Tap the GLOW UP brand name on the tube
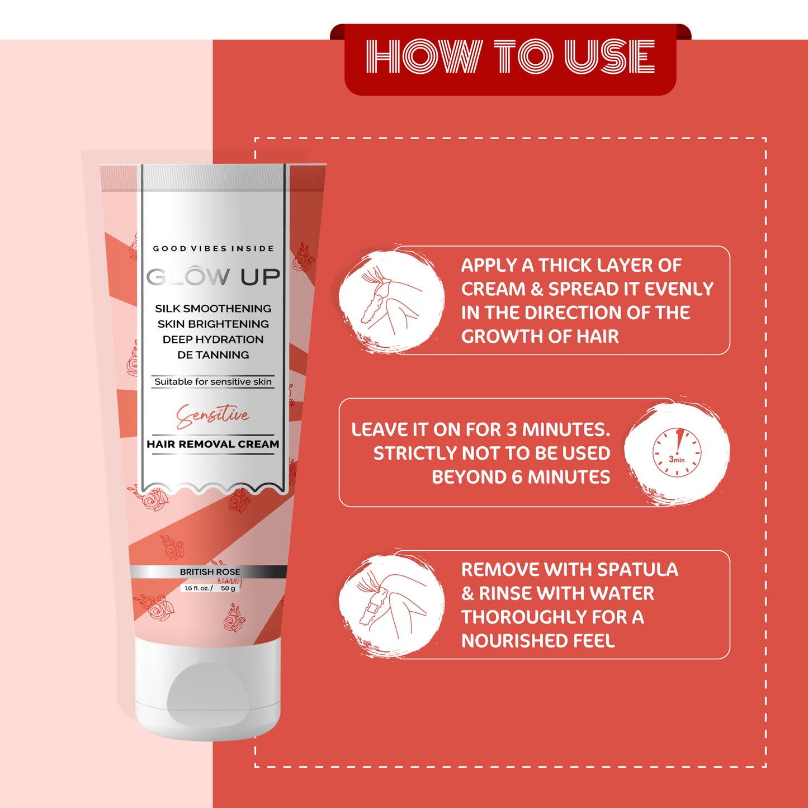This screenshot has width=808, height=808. tap(213, 277)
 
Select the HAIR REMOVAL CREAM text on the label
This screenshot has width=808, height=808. tap(213, 444)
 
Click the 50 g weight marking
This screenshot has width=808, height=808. tap(228, 588)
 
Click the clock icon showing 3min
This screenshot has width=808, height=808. tap(677, 452)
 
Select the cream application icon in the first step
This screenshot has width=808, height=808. tap(391, 301)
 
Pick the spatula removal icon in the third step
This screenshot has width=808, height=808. tap(391, 605)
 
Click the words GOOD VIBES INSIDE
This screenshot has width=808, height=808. tap(213, 249)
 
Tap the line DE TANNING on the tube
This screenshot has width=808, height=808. tap(213, 355)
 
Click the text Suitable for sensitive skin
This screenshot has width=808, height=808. tap(213, 381)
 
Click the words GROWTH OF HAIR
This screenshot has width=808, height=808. tap(540, 336)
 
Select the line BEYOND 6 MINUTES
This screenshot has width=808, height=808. tap(521, 477)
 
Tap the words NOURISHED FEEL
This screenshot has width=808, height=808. tap(538, 640)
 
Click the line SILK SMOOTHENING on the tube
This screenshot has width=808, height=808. tap(213, 308)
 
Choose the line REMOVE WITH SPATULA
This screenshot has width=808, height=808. tap(569, 569)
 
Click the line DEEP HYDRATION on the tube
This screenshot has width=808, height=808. tap(213, 339)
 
